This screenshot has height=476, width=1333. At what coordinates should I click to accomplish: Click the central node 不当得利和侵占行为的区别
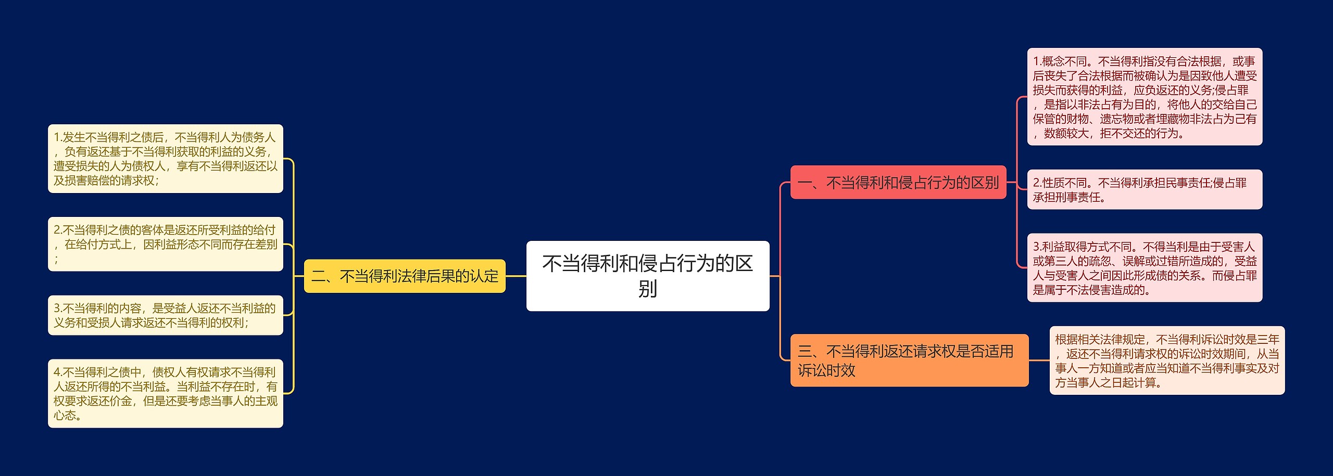(647, 276)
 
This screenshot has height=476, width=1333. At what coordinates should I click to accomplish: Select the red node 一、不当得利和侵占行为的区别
(898, 183)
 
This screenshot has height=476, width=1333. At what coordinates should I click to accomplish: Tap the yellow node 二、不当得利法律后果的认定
(405, 276)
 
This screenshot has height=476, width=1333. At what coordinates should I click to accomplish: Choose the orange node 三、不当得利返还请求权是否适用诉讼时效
(909, 360)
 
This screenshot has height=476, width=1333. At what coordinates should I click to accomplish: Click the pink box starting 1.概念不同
(1144, 97)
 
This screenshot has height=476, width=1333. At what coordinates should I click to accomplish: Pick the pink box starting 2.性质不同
(1144, 189)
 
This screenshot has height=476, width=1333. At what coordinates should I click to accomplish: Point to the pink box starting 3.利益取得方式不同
(1144, 267)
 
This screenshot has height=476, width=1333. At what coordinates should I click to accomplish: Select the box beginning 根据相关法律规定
(1166, 361)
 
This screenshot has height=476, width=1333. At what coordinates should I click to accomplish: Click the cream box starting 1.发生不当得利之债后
(165, 159)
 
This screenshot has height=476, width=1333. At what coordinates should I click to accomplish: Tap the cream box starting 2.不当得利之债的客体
(165, 244)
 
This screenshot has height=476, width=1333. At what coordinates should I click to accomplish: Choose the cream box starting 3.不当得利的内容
(165, 315)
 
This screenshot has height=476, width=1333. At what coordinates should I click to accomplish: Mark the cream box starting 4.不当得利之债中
(165, 393)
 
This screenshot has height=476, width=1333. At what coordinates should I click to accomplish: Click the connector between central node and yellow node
(515, 276)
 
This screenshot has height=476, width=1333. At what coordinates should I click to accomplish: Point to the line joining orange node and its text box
(1039, 360)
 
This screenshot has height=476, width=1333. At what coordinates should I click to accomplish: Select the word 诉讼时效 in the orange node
(826, 370)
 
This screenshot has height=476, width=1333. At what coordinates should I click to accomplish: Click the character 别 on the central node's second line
(647, 289)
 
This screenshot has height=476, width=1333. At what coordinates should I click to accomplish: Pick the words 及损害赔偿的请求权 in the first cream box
(104, 181)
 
